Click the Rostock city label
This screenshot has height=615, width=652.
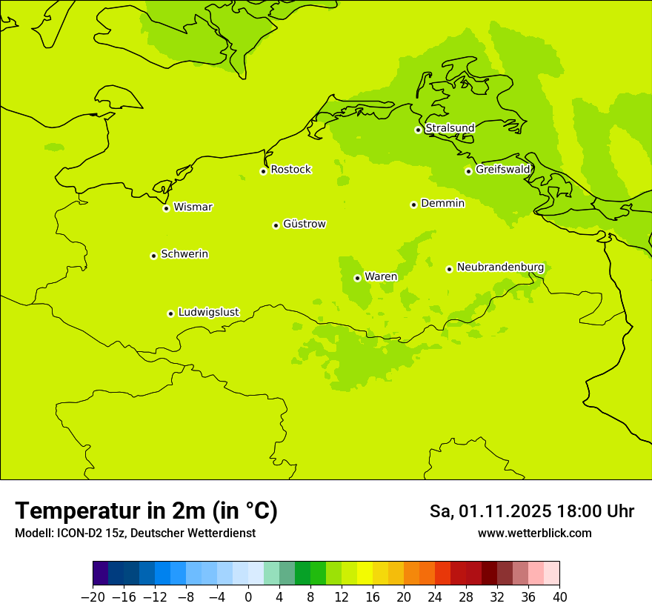(290, 170)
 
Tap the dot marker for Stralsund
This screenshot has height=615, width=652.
(418, 130)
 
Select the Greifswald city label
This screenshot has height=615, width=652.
(502, 170)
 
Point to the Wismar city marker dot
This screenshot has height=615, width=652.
(166, 208)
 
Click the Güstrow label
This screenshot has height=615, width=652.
(304, 224)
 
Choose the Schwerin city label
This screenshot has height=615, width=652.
(184, 254)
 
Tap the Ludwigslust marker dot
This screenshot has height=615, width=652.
(170, 313)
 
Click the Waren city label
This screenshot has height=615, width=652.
(380, 276)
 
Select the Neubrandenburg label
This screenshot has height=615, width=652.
(500, 267)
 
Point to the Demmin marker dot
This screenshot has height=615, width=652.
(413, 205)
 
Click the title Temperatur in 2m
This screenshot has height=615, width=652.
(146, 511)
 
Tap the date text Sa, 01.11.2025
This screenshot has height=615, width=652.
(491, 511)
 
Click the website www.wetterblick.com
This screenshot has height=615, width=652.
(534, 533)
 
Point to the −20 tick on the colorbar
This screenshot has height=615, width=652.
(93, 597)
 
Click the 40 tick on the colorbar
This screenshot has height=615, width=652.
(559, 597)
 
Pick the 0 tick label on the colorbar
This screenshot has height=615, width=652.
(248, 597)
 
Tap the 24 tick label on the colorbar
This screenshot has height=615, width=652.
(435, 597)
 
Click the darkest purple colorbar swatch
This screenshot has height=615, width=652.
(101, 574)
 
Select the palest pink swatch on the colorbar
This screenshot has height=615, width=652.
(552, 574)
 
